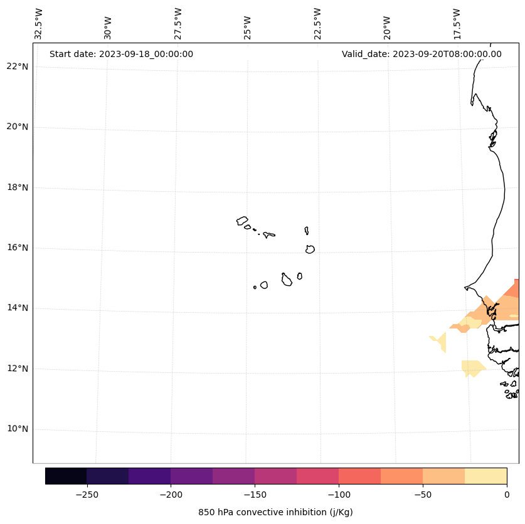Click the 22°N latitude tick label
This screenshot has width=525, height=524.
coord(18,66)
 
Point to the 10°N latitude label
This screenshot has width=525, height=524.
coord(18,429)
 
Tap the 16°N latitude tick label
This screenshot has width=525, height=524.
coord(18,248)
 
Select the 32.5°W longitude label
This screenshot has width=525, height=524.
coord(39,24)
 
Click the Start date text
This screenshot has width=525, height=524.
coord(121,54)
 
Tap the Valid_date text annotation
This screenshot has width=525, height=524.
coord(422,54)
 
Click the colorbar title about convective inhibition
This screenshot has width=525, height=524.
coord(275,512)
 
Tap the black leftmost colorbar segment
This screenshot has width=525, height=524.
coord(66,476)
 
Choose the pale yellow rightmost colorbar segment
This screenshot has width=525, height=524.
coord(485,476)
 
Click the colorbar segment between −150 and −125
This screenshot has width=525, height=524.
coord(275,476)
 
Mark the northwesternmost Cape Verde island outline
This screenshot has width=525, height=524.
coord(242,221)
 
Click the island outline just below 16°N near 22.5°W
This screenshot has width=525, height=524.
coord(310,249)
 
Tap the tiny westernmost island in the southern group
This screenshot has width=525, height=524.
coord(255,287)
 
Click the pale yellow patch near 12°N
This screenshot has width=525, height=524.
coord(472,367)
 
